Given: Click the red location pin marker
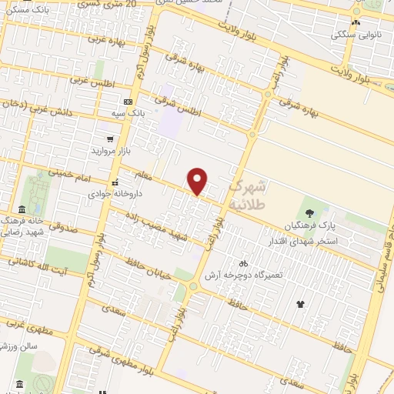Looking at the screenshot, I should click(198, 180).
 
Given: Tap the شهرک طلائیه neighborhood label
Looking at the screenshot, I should click(248, 195).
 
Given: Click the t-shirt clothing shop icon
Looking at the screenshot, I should click(300, 303).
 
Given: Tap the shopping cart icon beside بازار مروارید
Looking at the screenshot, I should click(112, 139).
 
